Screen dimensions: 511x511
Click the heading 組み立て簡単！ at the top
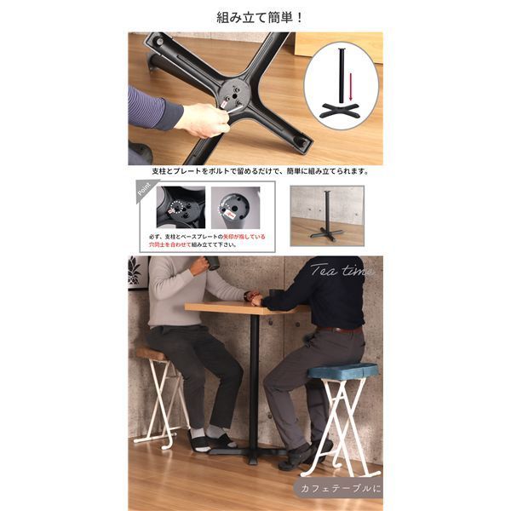[255, 16]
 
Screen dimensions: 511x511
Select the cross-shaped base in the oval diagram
[341, 112]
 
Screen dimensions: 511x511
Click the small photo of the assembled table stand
[326, 215]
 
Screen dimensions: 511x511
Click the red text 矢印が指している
[245, 237]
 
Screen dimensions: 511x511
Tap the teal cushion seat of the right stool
[342, 370]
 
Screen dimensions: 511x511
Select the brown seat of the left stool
[153, 353]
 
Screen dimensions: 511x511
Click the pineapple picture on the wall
[135, 273]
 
